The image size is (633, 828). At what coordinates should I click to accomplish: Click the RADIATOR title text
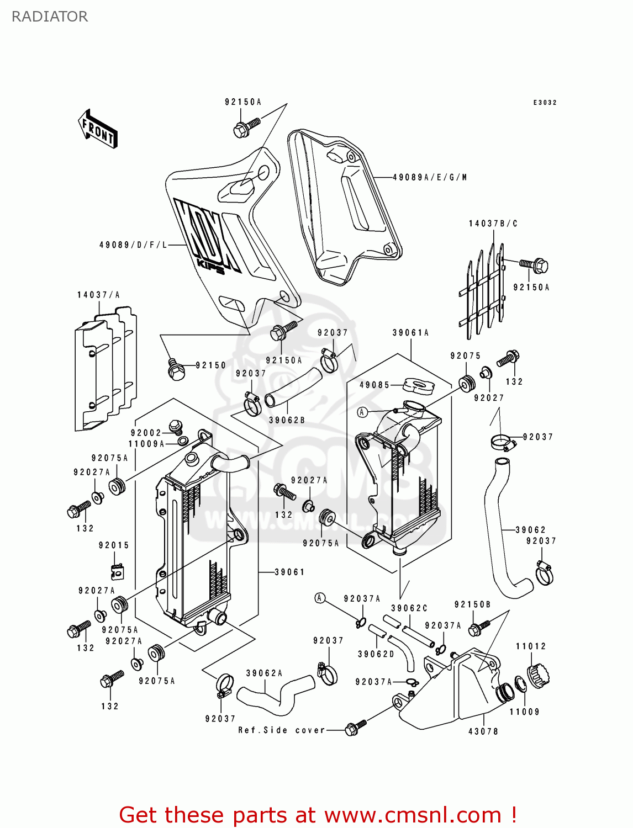50,17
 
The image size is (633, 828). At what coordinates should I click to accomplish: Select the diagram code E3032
545,103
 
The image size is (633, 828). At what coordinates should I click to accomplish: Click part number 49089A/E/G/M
430,177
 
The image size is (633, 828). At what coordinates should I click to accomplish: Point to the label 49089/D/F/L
133,245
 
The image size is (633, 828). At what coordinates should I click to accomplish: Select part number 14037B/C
493,224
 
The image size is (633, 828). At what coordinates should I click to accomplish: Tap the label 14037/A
98,295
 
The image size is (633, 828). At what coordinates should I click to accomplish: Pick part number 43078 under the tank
483,731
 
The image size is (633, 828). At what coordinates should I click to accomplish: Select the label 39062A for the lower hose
264,673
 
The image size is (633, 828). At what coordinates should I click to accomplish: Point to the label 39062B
287,420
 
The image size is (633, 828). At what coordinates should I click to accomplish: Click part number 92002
146,433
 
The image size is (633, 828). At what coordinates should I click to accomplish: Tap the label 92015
114,545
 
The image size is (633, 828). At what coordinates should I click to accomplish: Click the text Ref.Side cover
281,730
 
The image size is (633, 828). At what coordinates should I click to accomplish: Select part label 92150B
472,604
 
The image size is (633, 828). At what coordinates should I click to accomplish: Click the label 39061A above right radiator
410,333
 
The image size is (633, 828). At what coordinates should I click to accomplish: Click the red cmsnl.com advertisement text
318,815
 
